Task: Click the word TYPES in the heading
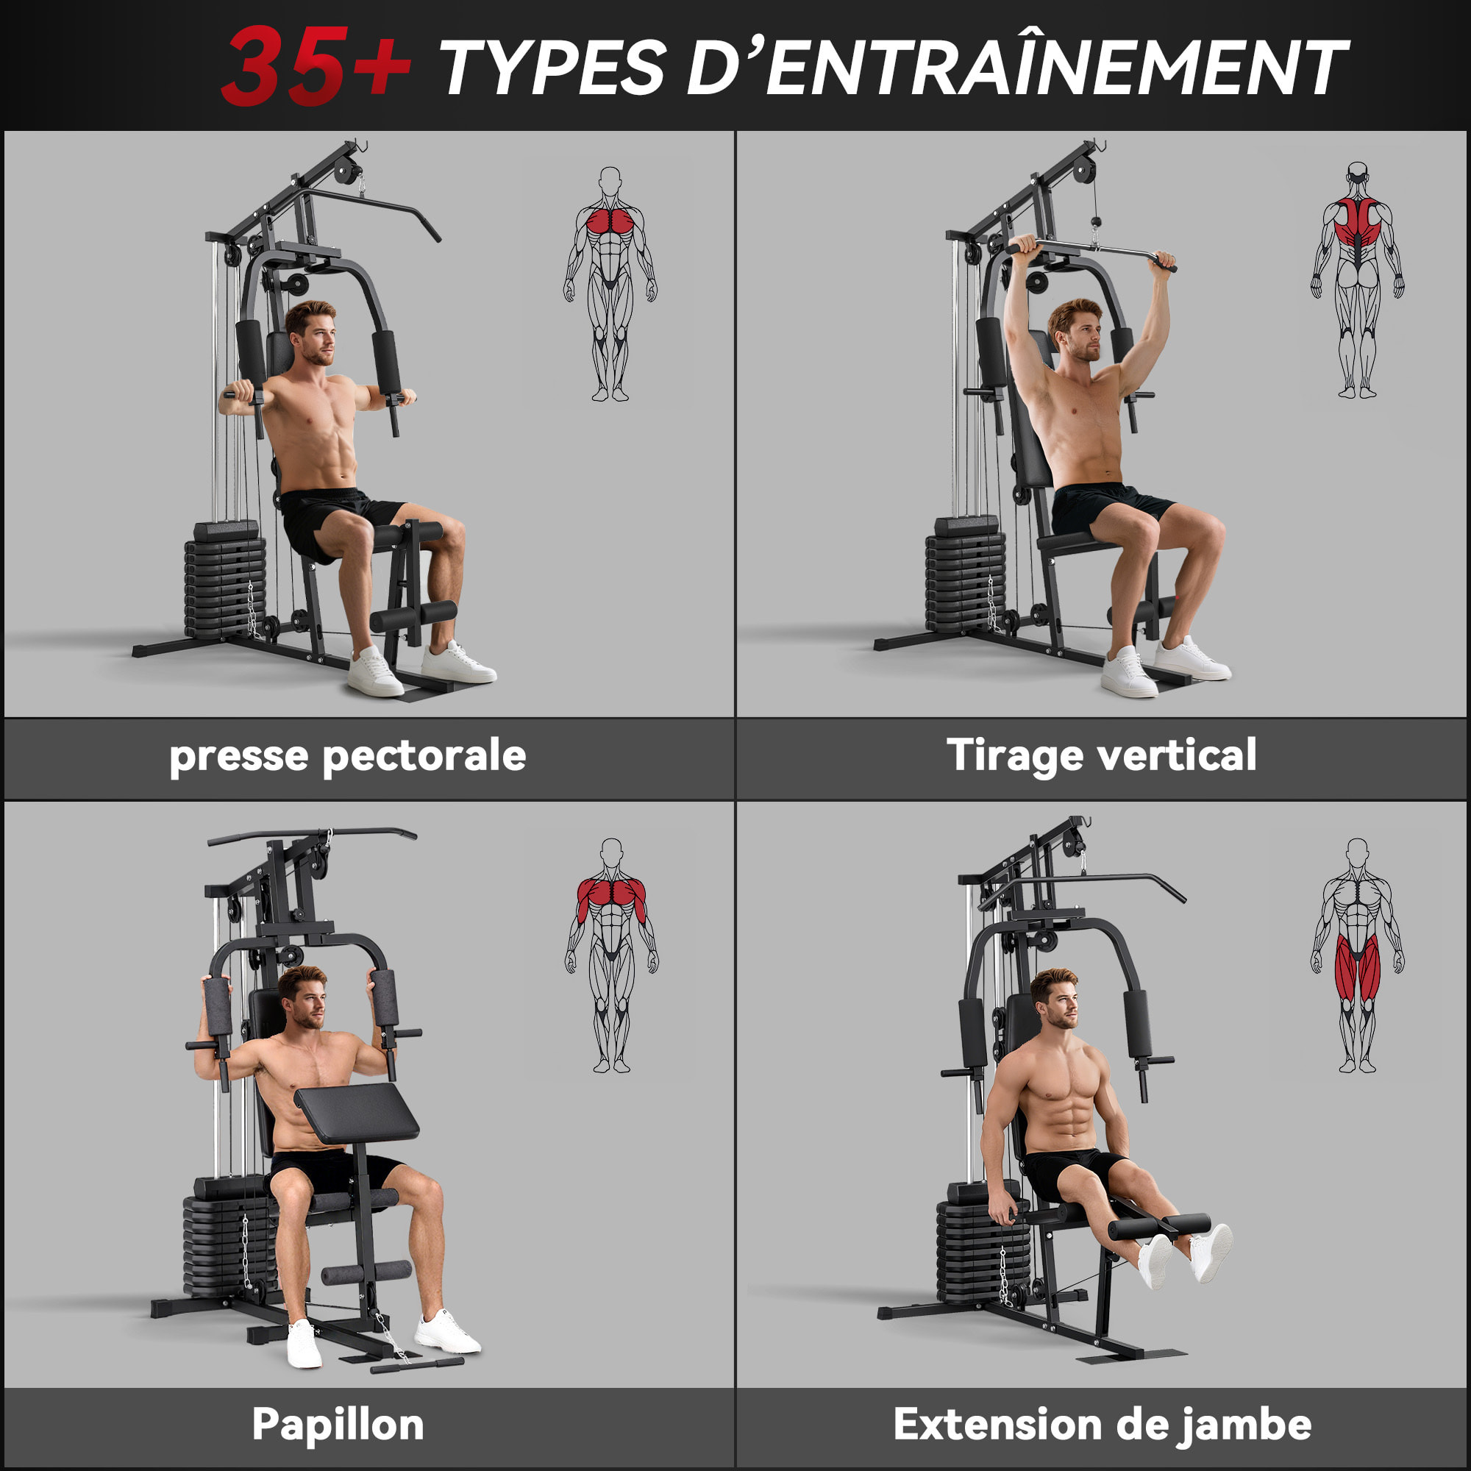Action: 552,68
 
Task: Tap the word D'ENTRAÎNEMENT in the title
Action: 1016,67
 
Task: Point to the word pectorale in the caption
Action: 424,756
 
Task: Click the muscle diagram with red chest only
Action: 610,283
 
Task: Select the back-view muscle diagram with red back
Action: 1357,279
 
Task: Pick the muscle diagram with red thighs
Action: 1357,955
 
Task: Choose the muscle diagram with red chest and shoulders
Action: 611,955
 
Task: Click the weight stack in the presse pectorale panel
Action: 225,583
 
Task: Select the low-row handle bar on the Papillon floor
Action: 416,1364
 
